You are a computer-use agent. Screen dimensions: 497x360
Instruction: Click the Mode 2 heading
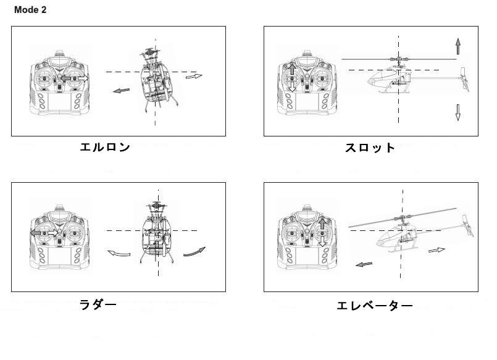click(30, 10)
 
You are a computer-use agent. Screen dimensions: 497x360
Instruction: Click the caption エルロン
click(105, 147)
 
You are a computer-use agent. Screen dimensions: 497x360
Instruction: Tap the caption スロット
click(370, 148)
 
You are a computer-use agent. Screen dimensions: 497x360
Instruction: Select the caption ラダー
click(98, 305)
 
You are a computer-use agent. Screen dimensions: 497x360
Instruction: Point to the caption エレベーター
click(374, 306)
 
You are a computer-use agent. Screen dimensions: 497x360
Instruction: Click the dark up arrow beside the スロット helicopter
click(457, 46)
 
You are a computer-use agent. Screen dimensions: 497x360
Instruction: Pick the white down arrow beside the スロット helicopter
click(457, 112)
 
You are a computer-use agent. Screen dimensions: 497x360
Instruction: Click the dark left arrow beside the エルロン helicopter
click(122, 91)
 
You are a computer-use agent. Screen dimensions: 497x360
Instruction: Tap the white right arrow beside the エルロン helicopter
click(194, 76)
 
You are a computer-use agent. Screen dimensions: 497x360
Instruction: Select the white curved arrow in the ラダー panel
click(119, 253)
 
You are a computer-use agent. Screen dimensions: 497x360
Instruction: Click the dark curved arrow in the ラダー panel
click(194, 252)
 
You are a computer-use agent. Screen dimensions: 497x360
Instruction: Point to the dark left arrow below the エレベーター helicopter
click(364, 264)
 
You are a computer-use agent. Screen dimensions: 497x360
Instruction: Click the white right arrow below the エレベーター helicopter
click(436, 250)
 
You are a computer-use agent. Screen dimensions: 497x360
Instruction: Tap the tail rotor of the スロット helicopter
click(465, 79)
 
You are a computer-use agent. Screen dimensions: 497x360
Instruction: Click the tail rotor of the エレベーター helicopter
click(468, 225)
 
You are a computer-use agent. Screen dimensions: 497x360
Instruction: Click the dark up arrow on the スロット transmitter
click(292, 69)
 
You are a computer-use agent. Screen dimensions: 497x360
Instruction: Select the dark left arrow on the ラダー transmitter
click(36, 233)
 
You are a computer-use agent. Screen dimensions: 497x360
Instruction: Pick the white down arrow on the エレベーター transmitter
click(322, 241)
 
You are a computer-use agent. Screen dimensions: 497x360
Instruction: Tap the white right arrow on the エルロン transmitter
click(83, 78)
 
